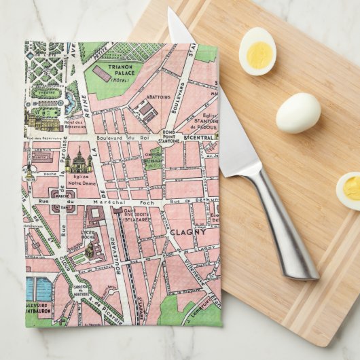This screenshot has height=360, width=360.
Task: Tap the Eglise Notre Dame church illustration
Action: [79, 160]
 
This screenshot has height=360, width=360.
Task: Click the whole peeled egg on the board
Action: [298, 112]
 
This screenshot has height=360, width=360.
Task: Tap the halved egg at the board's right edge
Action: [349, 190]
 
